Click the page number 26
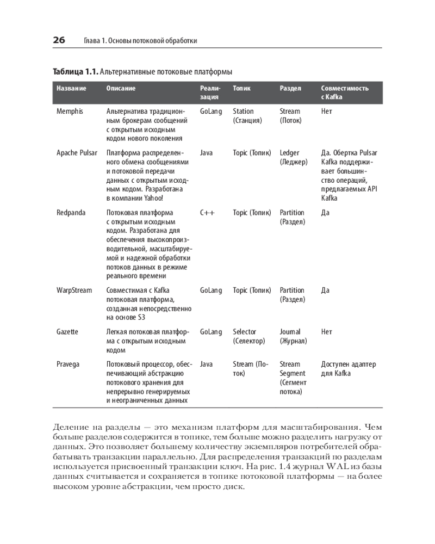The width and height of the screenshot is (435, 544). click(x=59, y=40)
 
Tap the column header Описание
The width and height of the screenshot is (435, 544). click(x=121, y=88)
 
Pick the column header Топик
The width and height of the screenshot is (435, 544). click(x=241, y=88)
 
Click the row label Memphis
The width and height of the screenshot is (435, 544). click(x=70, y=111)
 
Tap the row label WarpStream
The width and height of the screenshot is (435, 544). click(x=74, y=290)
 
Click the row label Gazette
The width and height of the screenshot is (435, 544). click(x=67, y=331)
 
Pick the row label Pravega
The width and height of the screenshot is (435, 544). click(x=68, y=364)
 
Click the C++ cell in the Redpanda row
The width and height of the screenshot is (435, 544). click(x=207, y=212)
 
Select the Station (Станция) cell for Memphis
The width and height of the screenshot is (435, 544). click(x=247, y=116)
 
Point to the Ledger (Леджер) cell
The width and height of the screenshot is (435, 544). click(x=294, y=157)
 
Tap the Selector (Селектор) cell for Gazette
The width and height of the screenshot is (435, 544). click(x=248, y=336)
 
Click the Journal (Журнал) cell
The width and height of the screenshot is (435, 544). click(x=293, y=336)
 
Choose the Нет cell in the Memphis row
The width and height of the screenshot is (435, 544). click(x=327, y=111)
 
